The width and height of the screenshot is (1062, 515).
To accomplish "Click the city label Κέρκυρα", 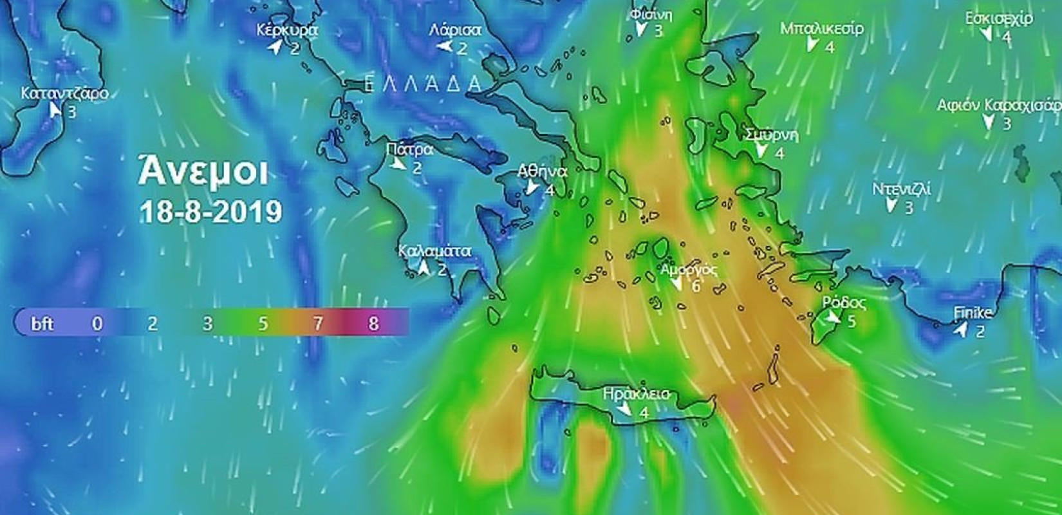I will tap(286, 30).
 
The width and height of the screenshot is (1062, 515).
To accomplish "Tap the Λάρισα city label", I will tap(455, 30).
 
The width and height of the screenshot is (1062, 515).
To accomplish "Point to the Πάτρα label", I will tap(409, 150).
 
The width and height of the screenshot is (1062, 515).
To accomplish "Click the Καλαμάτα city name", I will tap(434, 251).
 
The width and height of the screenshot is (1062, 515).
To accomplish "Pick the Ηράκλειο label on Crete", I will tap(636, 393).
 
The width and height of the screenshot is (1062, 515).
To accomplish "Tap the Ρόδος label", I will tap(844, 303).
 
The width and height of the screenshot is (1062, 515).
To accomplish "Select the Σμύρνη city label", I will tap(772, 135).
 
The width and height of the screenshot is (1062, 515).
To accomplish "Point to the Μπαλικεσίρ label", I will tap(822, 29).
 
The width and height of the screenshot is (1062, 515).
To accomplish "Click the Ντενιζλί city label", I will tap(901, 190).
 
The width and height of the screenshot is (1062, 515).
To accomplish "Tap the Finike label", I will tap(973, 314).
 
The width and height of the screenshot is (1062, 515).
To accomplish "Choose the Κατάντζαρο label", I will tap(64, 93).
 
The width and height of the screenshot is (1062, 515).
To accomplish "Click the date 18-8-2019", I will tap(210, 212).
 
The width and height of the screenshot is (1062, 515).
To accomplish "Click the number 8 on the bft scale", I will tap(373, 323).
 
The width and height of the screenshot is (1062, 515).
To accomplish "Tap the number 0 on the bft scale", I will tap(97, 323).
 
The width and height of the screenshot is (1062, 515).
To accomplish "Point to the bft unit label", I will tap(42, 323).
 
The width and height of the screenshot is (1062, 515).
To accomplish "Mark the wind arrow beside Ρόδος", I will tap(833, 317).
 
